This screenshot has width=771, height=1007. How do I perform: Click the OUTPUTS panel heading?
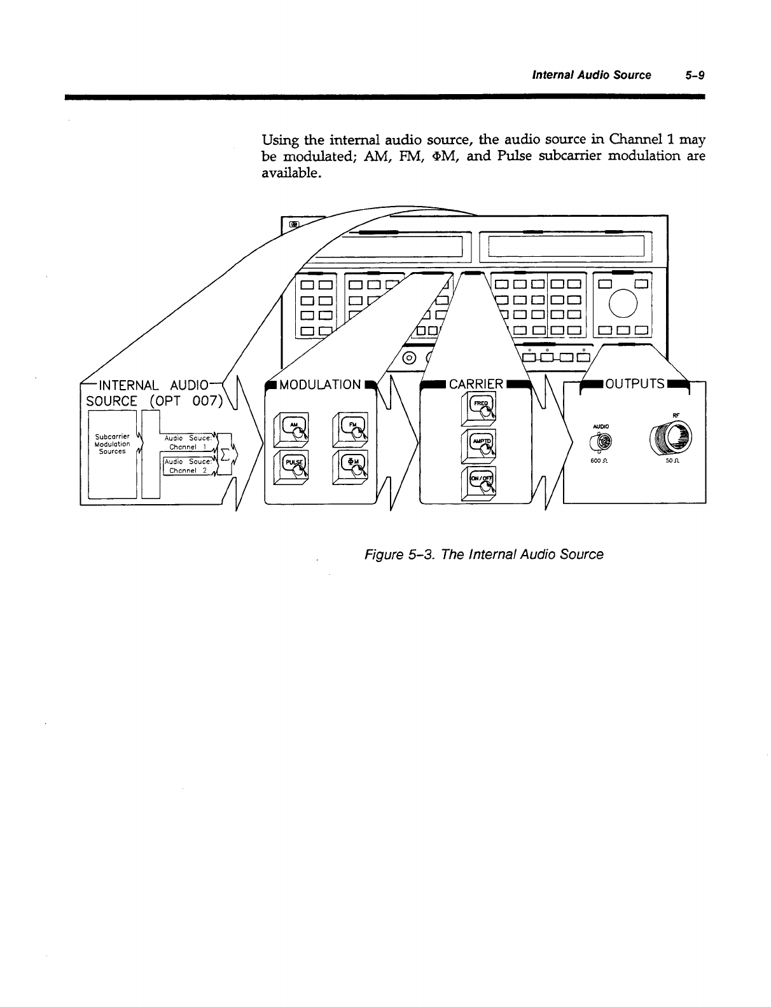click(x=634, y=384)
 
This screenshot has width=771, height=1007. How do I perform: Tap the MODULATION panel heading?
click(x=320, y=385)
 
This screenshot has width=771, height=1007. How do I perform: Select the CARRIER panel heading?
click(x=476, y=385)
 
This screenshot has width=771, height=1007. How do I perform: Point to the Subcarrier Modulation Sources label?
click(x=111, y=444)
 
